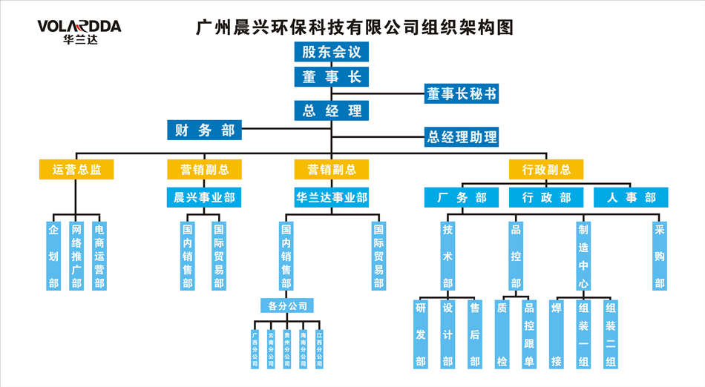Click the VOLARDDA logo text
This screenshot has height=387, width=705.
click(79, 27)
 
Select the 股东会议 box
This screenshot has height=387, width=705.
click(331, 52)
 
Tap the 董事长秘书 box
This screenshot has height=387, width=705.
click(461, 94)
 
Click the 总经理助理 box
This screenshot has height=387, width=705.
click(461, 137)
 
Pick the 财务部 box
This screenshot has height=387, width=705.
click(205, 130)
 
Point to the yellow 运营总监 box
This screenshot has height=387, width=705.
click(76, 170)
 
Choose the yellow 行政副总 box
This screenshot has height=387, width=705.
click(545, 170)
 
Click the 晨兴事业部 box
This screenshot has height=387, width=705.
click(204, 197)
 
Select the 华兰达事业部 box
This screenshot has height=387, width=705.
click(331, 197)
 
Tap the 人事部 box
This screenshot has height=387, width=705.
click(631, 197)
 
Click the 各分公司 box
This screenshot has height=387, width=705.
click(286, 305)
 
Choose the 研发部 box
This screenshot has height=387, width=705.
click(421, 334)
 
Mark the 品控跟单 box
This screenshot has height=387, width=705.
click(529, 334)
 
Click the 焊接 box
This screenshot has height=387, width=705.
click(556, 334)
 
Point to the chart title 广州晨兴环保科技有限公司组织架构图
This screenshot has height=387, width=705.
click(354, 28)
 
